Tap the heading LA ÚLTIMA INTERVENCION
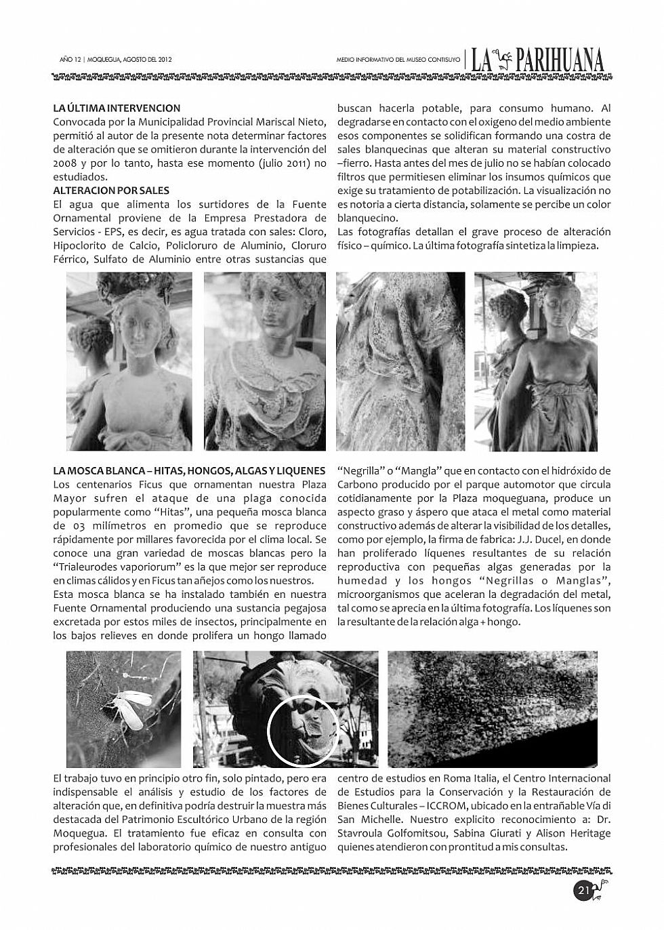click(x=117, y=108)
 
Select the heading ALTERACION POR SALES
click(x=111, y=190)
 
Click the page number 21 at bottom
click(x=583, y=889)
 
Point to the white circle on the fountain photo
click(x=302, y=731)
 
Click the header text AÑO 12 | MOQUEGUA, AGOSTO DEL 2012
click(x=116, y=60)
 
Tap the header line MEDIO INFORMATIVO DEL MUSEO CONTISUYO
click(x=398, y=60)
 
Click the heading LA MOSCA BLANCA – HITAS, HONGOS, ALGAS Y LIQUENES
click(x=189, y=470)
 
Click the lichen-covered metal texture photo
click(x=492, y=708)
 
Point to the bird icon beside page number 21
click(x=601, y=889)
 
